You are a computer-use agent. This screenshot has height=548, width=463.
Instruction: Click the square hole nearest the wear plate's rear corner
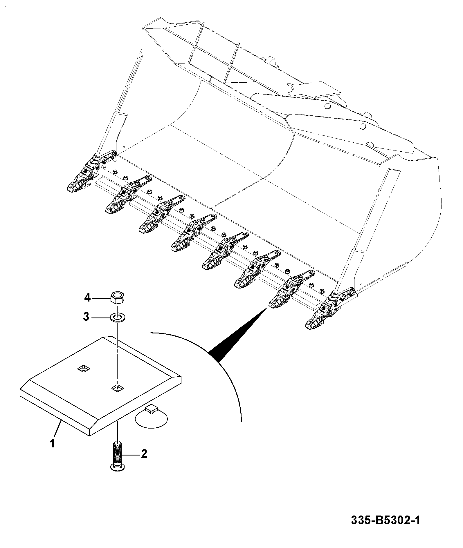coord(84,369)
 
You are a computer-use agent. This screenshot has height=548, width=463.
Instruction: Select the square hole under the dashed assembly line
coord(118,388)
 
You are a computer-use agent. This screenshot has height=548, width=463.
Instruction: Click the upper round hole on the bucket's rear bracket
coord(327,106)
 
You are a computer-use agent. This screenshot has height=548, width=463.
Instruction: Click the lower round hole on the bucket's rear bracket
coord(362,126)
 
